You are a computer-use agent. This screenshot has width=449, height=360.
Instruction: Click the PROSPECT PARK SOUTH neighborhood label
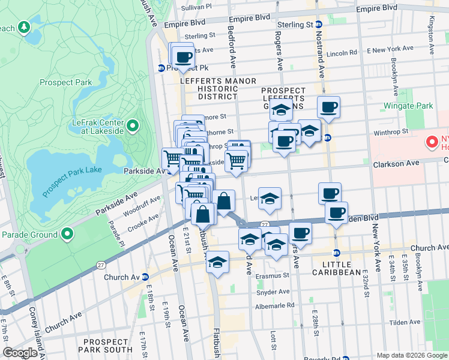pyautogui.click(x=104, y=346)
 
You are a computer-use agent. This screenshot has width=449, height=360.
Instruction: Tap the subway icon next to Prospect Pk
pyautogui.click(x=161, y=68)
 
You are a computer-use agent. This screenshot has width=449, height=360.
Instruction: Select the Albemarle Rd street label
pyautogui.click(x=274, y=305)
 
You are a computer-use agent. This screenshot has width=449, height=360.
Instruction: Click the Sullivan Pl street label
pyautogui.click(x=196, y=7)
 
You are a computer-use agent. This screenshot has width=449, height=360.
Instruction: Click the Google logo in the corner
pyautogui.click(x=20, y=353)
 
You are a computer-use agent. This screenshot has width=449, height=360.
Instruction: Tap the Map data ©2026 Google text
pyautogui.click(x=411, y=355)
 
